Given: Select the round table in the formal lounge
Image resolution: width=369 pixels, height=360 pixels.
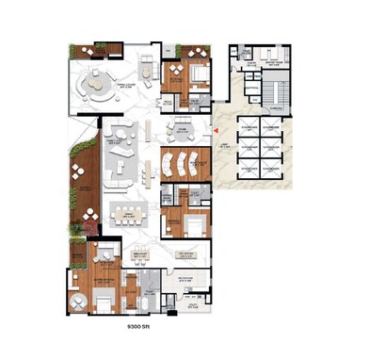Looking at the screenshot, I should coord(95,87).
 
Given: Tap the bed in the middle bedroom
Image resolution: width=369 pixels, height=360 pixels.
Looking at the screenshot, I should coord(192,225).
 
